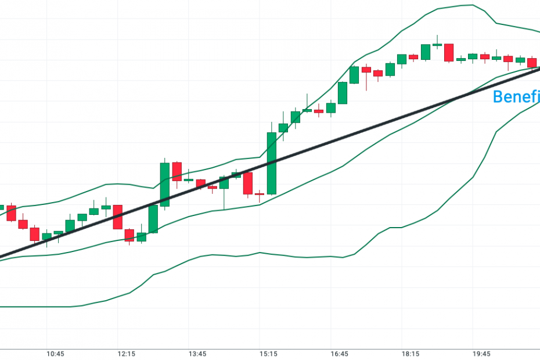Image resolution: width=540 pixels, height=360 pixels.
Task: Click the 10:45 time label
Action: (56, 354)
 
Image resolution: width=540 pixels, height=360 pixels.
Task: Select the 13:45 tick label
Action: (197, 354)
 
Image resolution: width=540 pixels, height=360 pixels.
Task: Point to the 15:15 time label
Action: (268, 354)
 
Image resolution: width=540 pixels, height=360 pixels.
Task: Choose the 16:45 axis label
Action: (339, 354)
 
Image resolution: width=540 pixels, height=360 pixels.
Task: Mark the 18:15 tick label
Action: (410, 354)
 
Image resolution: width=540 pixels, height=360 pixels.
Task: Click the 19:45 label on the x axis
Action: (481, 354)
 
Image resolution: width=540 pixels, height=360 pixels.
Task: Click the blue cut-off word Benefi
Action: (516, 97)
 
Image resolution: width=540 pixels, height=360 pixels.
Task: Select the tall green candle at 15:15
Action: (271, 163)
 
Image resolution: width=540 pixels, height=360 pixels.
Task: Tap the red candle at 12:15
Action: (118, 217)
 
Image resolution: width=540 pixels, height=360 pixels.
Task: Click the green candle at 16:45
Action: (343, 93)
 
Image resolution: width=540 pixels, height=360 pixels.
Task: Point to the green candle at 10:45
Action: (58, 232)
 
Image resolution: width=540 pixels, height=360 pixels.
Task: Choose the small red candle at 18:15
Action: (413, 57)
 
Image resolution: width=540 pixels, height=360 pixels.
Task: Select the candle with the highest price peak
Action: (437, 44)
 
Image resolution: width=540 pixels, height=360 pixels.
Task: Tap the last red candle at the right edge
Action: (532, 63)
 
